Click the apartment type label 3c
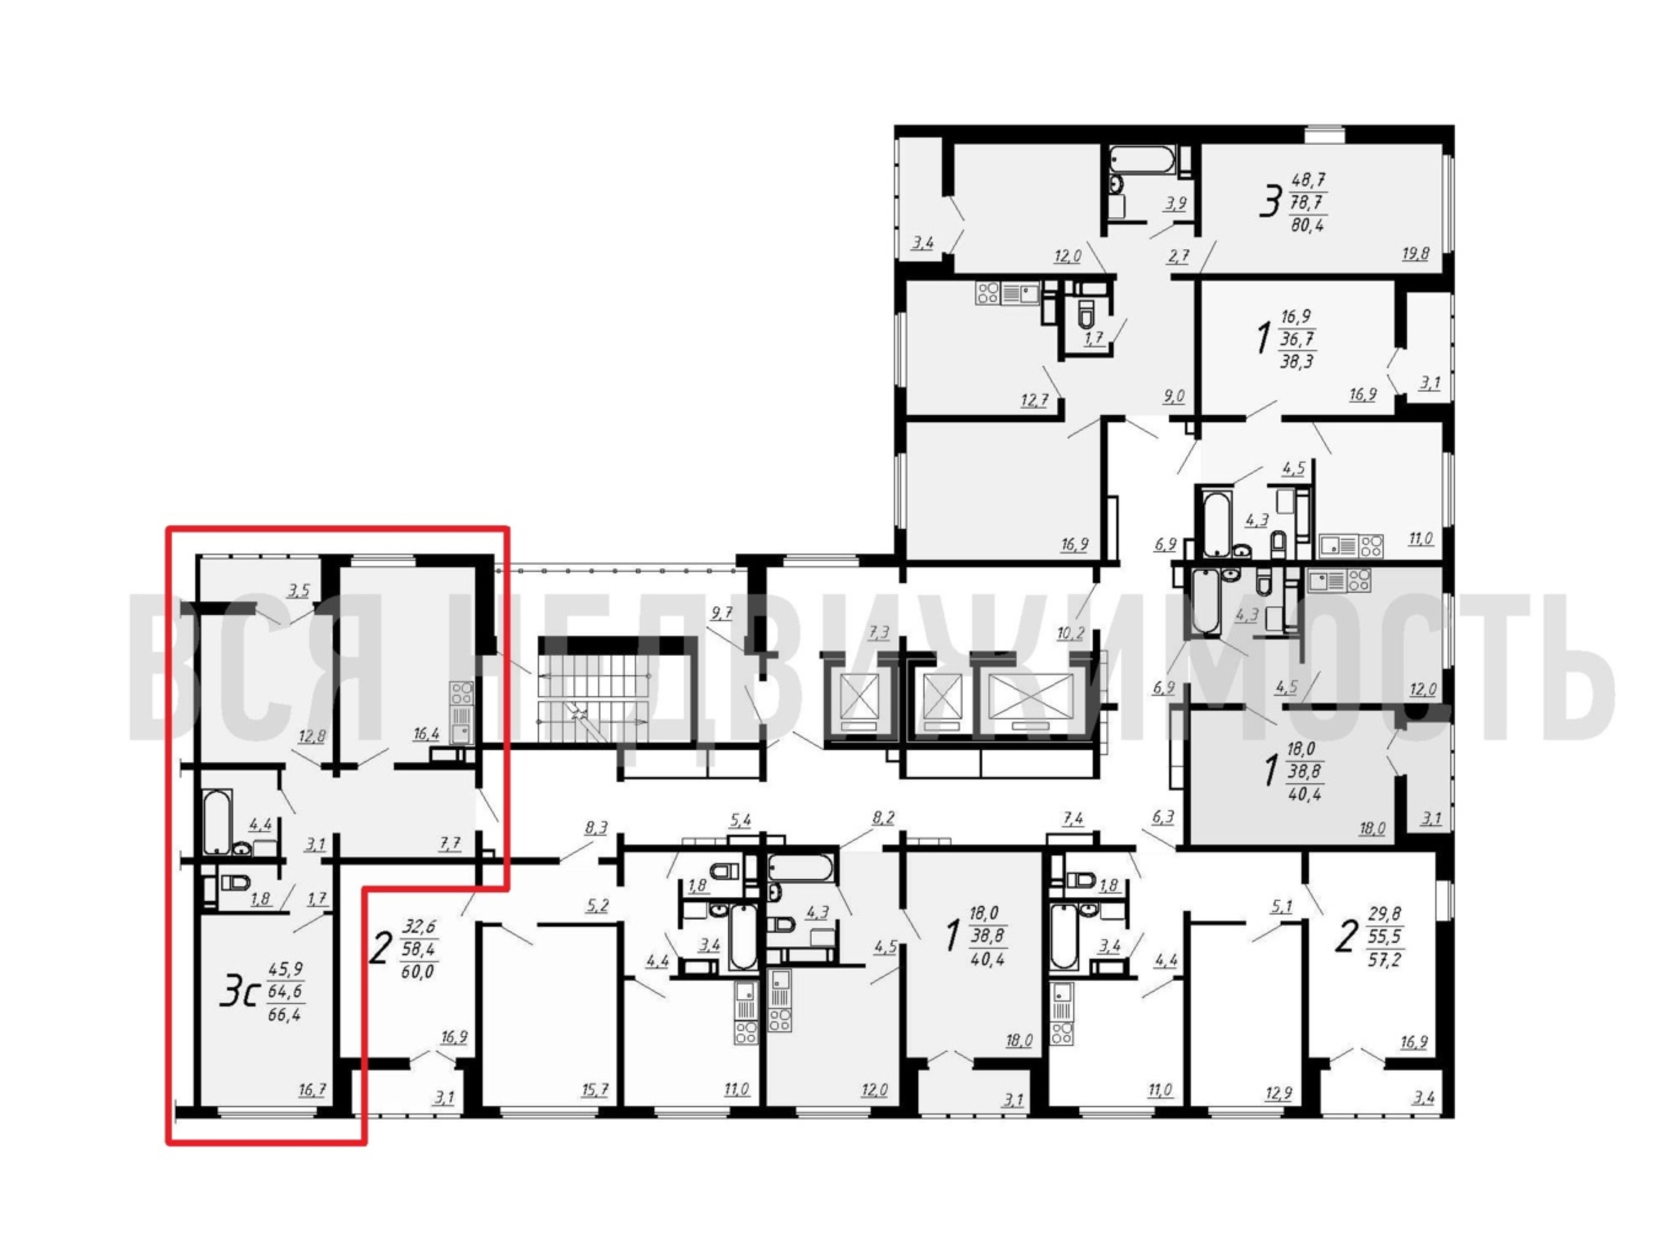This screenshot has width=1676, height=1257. pos(240,992)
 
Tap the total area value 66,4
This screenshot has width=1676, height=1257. pos(284,1014)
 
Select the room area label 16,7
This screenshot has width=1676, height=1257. pos(312,1090)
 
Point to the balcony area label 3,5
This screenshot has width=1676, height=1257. pos(299,590)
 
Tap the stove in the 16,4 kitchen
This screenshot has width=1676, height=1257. pos(461,693)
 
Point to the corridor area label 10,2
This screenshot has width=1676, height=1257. pos(1070,633)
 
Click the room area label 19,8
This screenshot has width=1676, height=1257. pos(1414,254)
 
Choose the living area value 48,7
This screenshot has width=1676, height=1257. pos(1308,181)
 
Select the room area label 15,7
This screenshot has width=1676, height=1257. pos(595,1090)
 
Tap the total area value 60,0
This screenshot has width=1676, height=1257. pos(417,972)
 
